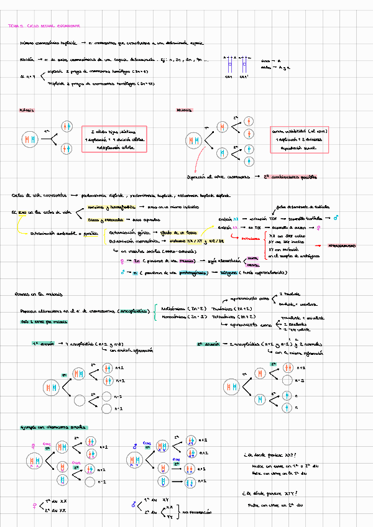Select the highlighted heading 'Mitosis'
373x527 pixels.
click(x=27, y=110)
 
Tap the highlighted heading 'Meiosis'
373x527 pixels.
click(x=184, y=111)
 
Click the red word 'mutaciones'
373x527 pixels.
click(x=251, y=237)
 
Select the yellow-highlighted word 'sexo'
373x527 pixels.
click(x=22, y=212)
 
